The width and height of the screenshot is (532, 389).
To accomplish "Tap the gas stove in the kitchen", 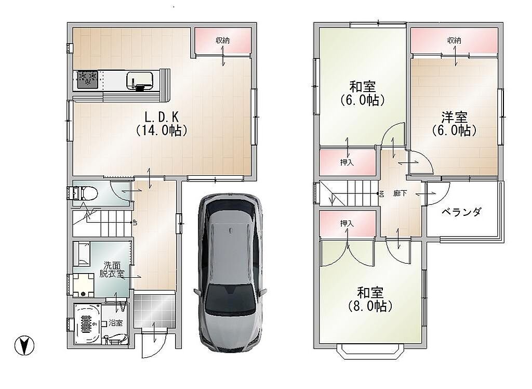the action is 87,80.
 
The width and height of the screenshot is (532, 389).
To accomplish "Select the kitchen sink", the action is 141,81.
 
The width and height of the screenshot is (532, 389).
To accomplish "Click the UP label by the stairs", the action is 135,223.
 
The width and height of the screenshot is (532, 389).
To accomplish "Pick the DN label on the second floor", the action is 381,194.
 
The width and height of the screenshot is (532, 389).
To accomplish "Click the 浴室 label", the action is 116,323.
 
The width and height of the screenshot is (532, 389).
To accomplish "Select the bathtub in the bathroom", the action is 87,324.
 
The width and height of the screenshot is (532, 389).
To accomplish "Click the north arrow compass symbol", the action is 24,346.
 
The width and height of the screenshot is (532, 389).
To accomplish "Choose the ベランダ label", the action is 461,212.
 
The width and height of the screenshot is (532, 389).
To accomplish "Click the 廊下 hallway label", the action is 400,193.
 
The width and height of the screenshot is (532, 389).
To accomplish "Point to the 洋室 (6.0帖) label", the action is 454,124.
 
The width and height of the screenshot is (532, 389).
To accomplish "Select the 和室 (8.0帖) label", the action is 370,300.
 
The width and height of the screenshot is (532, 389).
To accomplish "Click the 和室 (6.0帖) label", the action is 362,94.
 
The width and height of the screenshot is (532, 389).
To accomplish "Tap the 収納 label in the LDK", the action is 223,41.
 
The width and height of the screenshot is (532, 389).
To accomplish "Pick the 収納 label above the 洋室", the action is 454,41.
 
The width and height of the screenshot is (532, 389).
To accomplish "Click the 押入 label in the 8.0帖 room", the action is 347,224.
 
